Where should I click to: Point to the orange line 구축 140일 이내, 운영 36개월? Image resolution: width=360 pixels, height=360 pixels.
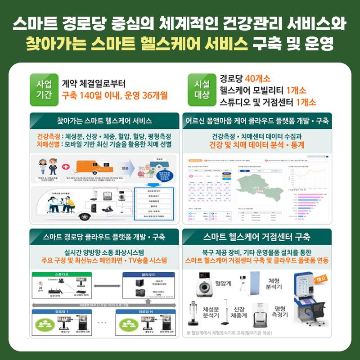tap(115, 95)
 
